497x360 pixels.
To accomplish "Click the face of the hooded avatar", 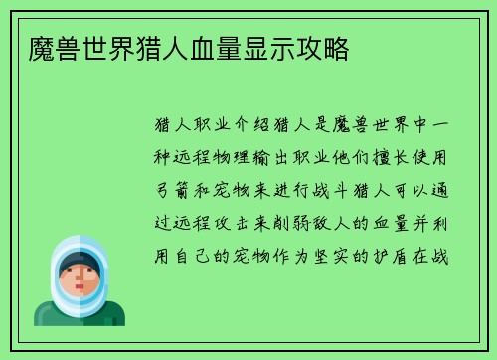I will coord(80,279).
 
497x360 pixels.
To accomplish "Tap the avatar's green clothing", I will coord(80,316).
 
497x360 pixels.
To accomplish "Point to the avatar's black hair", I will coord(80,262).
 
